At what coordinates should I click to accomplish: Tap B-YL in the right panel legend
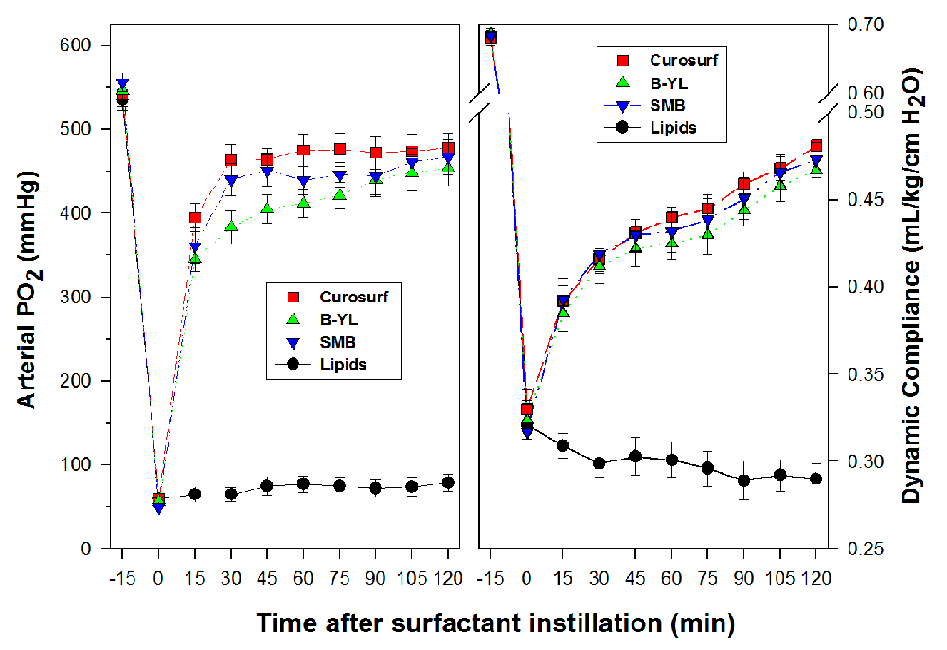pos(670,82)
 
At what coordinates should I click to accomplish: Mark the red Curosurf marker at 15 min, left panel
pos(195,219)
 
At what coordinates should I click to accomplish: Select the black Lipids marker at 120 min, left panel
pos(448,482)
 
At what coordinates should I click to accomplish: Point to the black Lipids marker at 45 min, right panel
pos(635,457)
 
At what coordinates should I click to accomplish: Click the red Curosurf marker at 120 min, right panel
pos(816,146)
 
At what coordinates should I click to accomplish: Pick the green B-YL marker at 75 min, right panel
pos(707,234)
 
